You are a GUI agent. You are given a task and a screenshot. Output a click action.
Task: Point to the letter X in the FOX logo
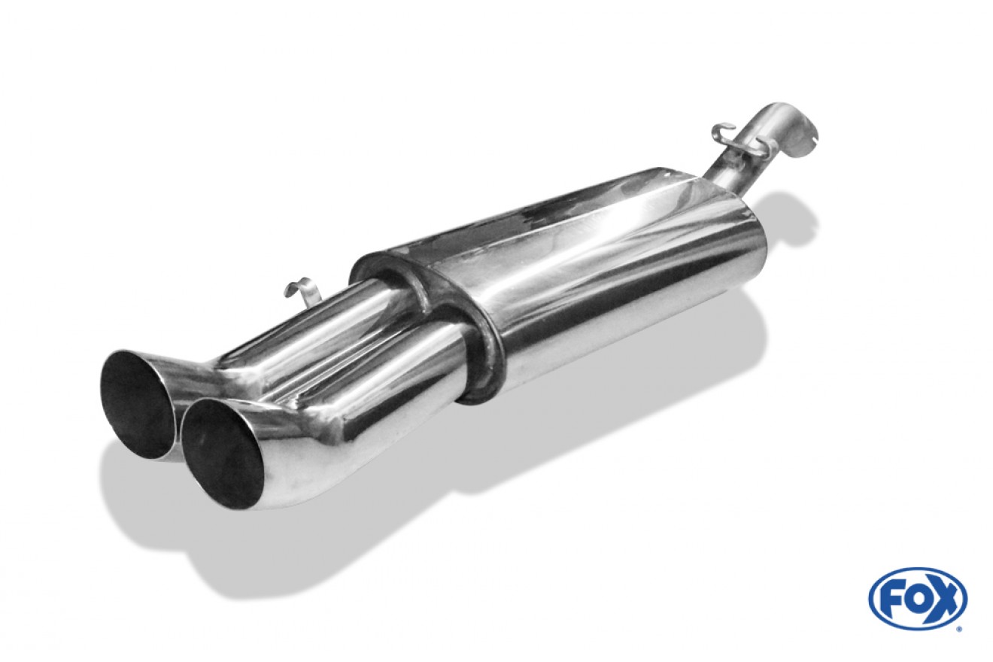point(943,599)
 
